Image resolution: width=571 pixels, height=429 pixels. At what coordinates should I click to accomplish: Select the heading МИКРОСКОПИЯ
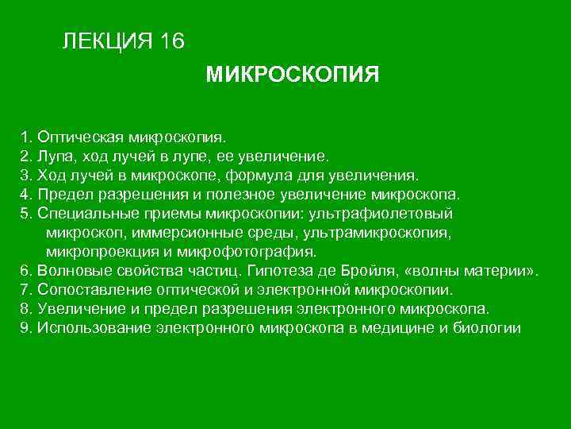[293, 75]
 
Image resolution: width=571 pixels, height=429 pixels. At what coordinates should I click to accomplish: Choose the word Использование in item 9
[89, 328]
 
